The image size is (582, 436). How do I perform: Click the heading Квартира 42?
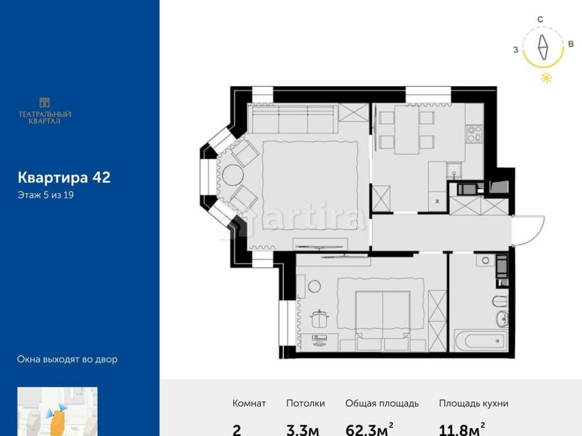[64, 177]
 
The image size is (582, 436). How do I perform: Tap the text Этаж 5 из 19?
[45, 195]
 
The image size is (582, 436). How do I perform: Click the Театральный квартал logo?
[45, 110]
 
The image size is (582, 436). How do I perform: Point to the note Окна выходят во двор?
[67, 359]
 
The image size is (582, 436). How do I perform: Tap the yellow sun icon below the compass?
[546, 78]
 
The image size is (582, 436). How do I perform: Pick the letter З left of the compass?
[516, 50]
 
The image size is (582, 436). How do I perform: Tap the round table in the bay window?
[230, 176]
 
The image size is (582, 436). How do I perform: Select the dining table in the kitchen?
[407, 132]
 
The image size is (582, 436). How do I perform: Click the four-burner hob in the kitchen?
[473, 134]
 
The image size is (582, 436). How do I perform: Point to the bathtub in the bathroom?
[480, 339]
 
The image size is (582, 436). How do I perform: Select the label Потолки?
[306, 403]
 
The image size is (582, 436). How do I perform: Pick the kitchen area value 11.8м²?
[462, 430]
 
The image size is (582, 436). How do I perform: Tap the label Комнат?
[249, 403]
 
